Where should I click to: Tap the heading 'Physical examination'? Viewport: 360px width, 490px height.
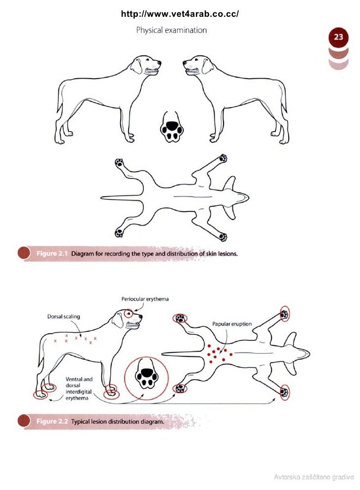171,30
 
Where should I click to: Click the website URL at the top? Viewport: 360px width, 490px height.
180,14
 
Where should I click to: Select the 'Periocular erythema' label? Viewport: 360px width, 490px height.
145,299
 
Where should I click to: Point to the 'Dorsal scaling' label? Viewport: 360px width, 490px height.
63,316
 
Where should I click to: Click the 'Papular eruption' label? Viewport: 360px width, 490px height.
232,324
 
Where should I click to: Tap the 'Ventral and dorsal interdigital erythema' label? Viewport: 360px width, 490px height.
79,389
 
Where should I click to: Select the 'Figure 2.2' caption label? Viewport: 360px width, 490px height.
52,422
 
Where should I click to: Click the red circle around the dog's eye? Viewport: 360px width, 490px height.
129,313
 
